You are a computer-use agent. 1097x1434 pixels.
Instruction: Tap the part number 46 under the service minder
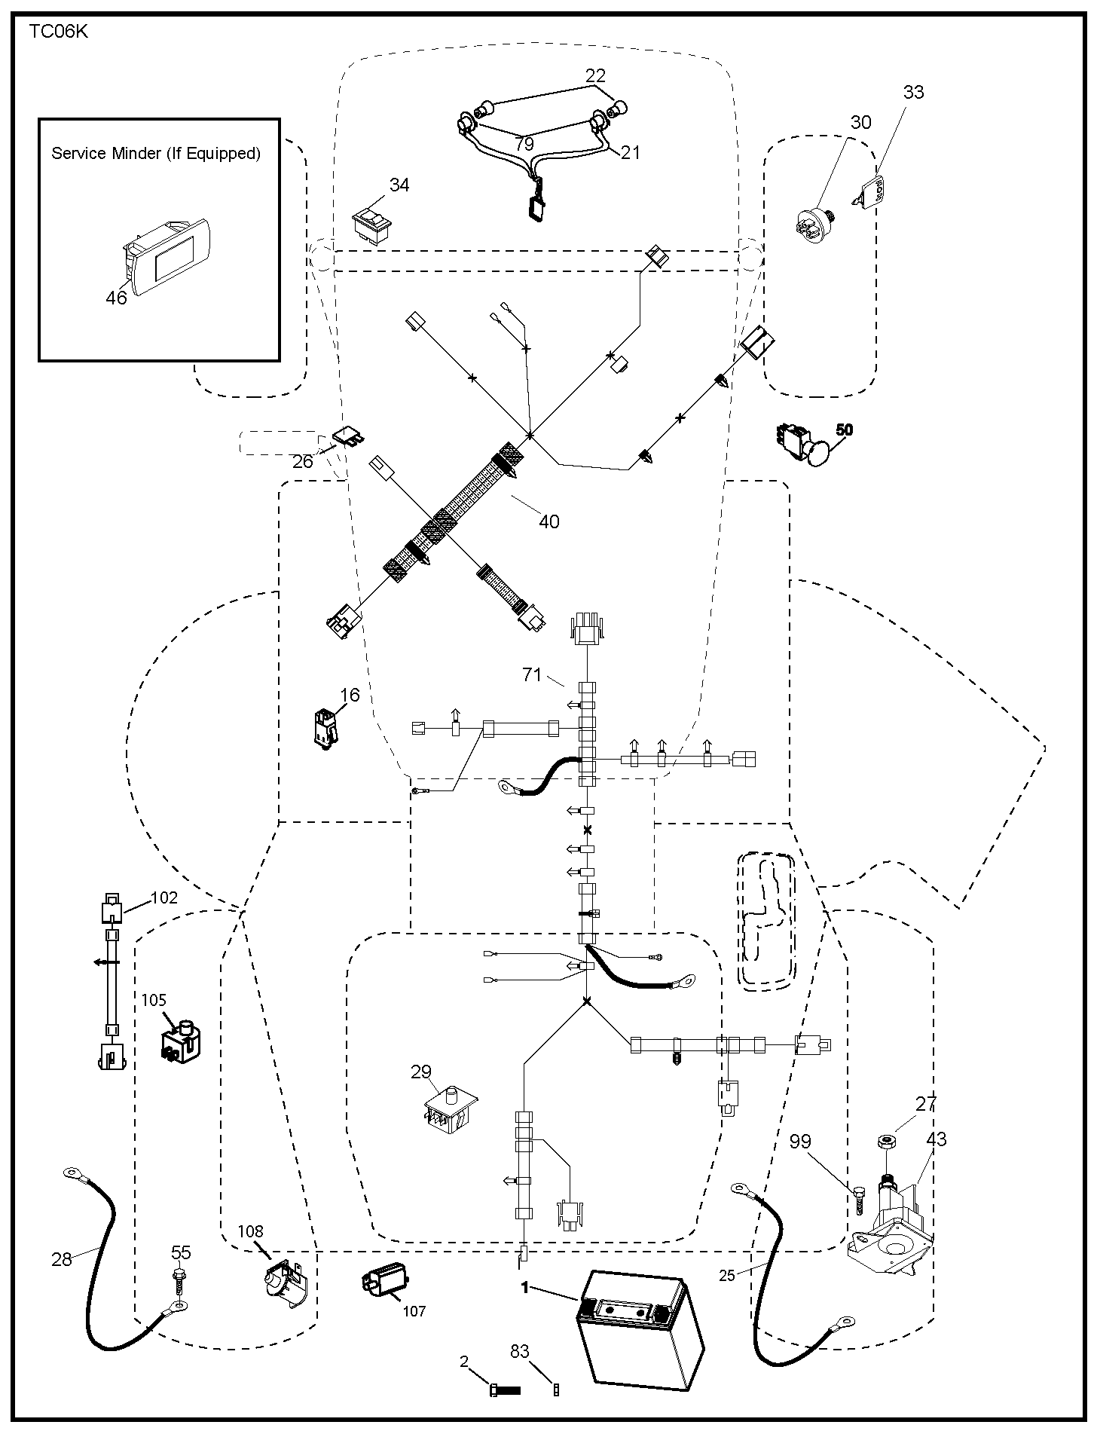pos(116,298)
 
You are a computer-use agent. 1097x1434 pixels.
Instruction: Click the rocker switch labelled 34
pos(372,223)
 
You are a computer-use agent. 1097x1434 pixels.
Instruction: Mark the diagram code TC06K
pos(59,32)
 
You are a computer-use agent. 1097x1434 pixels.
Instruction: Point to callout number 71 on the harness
pos(532,674)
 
